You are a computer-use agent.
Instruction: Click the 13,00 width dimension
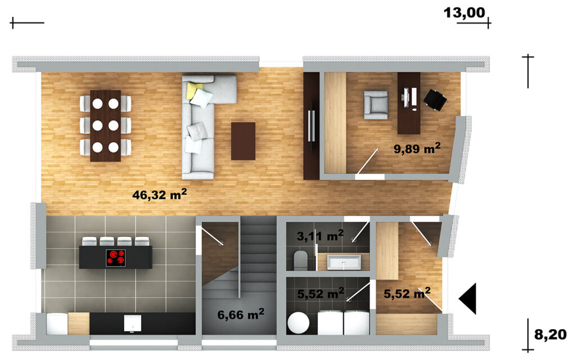(x=464, y=12)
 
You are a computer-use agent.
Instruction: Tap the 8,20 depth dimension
(x=550, y=335)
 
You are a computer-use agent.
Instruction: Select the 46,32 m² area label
(x=159, y=194)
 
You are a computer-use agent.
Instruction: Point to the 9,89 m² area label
(x=417, y=148)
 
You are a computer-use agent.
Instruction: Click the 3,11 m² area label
(x=320, y=236)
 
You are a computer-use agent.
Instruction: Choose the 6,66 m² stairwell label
(x=241, y=314)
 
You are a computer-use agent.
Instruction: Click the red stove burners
(x=116, y=258)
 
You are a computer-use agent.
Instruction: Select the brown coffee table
(x=243, y=141)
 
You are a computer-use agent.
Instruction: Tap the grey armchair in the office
(x=376, y=105)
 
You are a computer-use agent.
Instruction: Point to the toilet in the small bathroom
(x=302, y=260)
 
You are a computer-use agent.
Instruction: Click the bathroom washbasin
(x=344, y=262)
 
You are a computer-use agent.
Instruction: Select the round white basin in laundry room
(x=299, y=323)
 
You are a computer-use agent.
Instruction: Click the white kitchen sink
(x=133, y=323)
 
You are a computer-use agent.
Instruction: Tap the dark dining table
(x=105, y=125)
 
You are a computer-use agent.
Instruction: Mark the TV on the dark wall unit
(x=313, y=125)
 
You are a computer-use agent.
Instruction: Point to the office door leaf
(x=368, y=161)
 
